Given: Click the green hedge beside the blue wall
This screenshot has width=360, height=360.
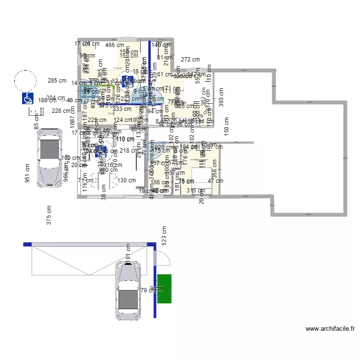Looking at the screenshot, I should click(165, 288).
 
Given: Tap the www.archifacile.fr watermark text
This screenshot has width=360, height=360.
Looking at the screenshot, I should click(330, 329).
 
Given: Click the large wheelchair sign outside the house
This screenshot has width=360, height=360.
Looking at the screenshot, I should click(27, 98).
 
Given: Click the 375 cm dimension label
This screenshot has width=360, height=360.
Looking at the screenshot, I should click(48, 216).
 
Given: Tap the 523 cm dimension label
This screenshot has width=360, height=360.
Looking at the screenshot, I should click(164, 237).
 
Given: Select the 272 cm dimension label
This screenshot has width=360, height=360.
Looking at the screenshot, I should click(190, 60).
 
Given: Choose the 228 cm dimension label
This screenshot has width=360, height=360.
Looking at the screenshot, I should click(61, 110).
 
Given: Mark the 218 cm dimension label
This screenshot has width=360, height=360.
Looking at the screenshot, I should click(128, 151).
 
